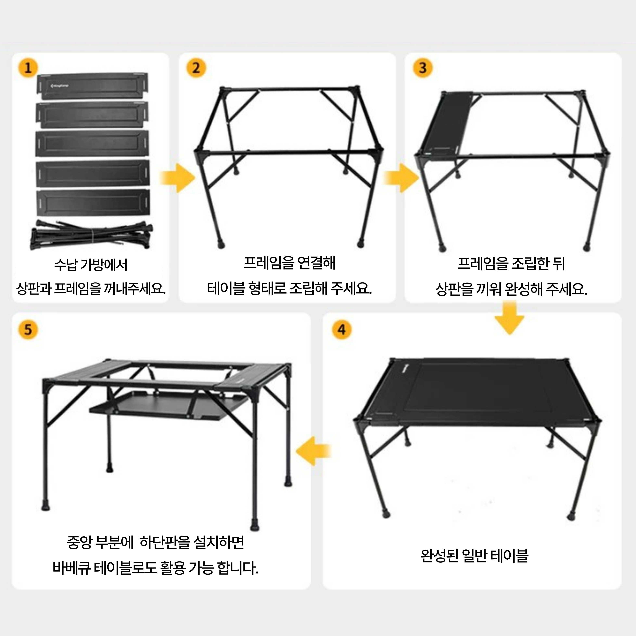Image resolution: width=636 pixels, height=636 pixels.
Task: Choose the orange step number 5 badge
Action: point(28,330)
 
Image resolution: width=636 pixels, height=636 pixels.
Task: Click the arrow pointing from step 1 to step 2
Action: point(178,178)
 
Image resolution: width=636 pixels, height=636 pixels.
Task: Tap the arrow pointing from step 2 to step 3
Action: point(401,178)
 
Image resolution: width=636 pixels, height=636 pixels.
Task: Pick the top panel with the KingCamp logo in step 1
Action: point(92,86)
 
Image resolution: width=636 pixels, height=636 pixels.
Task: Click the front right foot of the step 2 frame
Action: point(361,244)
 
